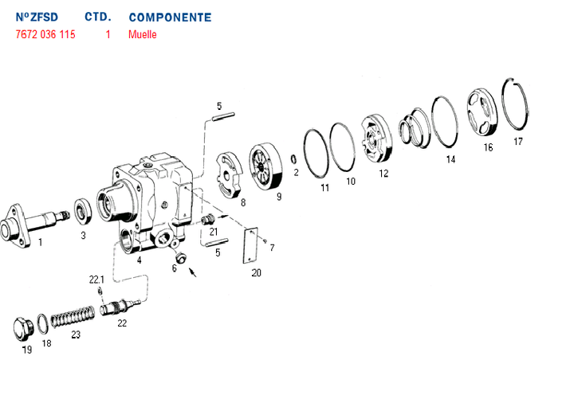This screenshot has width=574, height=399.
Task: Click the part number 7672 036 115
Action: [x=45, y=34]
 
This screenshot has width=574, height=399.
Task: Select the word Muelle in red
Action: [x=143, y=34]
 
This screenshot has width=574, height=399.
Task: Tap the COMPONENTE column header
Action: [x=171, y=18]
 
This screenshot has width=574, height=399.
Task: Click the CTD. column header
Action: [x=98, y=17]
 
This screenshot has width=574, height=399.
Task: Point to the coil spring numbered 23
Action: [x=73, y=316]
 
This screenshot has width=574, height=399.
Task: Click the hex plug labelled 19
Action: [x=23, y=330]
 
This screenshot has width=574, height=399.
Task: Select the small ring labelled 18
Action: [x=43, y=323]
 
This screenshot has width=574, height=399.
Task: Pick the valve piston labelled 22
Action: [x=120, y=307]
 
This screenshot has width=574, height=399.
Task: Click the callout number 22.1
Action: [x=96, y=280]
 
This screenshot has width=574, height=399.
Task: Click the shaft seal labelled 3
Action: [x=83, y=211]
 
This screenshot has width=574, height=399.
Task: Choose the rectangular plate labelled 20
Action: [x=250, y=245]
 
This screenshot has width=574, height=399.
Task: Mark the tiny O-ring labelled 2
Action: [x=293, y=159]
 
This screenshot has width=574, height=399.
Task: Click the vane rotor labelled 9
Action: [x=266, y=166]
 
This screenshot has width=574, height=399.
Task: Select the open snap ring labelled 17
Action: [x=515, y=104]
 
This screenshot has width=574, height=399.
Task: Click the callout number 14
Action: [x=450, y=159]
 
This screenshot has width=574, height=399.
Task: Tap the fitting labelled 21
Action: [x=207, y=219]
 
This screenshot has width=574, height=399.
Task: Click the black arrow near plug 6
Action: [x=193, y=272]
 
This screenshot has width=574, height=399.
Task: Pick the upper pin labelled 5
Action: [x=223, y=116]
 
